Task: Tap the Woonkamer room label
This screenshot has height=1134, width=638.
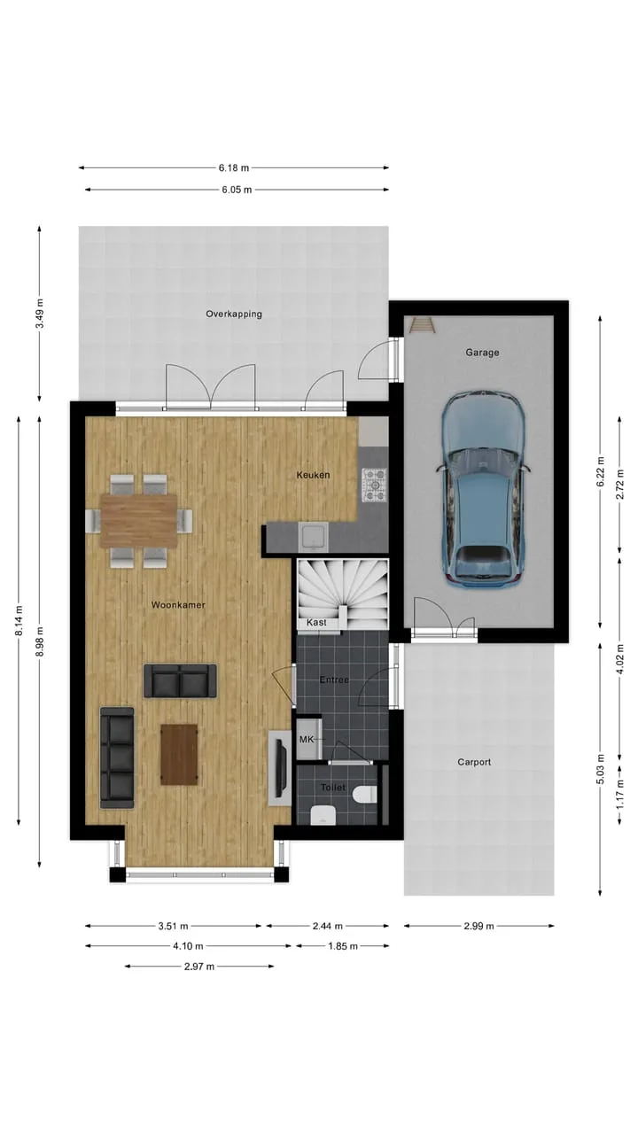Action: pos(178,604)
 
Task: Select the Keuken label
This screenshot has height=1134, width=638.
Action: pos(313,475)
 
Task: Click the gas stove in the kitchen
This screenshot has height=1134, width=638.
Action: pos(374,485)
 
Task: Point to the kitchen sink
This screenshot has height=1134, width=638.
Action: pos(314,538)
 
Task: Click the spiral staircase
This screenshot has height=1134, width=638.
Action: pos(342,594)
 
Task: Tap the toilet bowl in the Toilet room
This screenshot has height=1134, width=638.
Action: pos(366,794)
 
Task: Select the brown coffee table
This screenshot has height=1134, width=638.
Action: pos(179,754)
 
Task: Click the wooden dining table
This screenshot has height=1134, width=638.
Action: pos(139,521)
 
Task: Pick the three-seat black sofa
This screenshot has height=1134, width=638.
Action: pos(118,757)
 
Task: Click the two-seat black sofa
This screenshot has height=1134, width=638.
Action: pos(180,681)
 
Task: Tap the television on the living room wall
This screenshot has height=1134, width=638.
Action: pos(280,768)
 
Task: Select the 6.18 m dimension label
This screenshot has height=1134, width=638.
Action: pos(234,167)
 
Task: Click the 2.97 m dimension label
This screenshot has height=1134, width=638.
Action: pos(199,967)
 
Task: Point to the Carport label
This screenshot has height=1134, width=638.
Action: pos(474,762)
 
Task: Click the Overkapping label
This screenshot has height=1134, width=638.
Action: pos(234,314)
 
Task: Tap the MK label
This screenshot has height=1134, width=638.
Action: pos(307,740)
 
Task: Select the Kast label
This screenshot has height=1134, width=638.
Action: pos(316,622)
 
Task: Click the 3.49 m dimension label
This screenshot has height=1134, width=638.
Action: pos(40,314)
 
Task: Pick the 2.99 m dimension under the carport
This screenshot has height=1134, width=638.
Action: pos(478,926)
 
